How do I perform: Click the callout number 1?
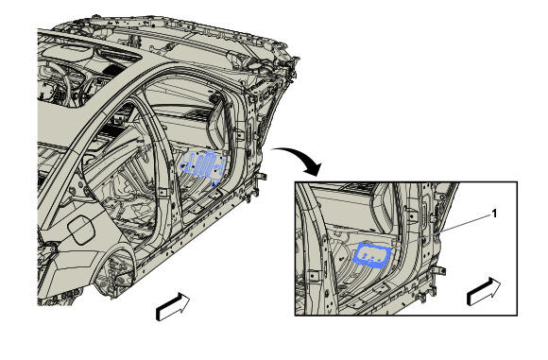pos(494,214)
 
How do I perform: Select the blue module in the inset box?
pos(372,256)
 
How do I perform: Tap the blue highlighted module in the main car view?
pos(203,165)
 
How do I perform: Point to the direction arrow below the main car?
pos(173,306)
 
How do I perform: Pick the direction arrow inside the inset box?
pos(484,291)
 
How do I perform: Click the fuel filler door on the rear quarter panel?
pos(81,230)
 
